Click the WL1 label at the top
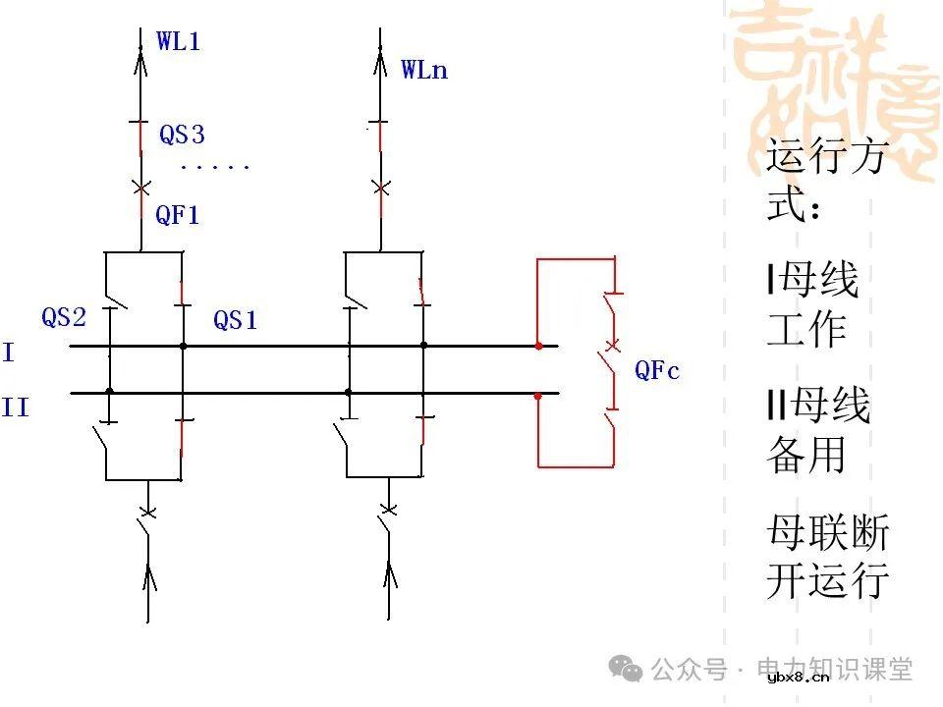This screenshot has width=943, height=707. pyautogui.click(x=178, y=41)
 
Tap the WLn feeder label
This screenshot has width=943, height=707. pyautogui.click(x=423, y=70)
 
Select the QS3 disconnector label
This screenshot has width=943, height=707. pyautogui.click(x=182, y=135)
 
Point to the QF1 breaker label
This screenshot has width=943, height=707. pyautogui.click(x=178, y=215)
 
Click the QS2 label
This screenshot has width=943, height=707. pyautogui.click(x=64, y=317)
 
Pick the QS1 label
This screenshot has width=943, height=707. pyautogui.click(x=236, y=320)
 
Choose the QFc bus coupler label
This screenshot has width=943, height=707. pyautogui.click(x=657, y=370)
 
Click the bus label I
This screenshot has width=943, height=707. pyautogui.click(x=9, y=353)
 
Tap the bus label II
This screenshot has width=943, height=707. pyautogui.click(x=15, y=407)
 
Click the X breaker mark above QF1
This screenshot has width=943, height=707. pyautogui.click(x=141, y=187)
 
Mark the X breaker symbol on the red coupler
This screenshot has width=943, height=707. pyautogui.click(x=613, y=346)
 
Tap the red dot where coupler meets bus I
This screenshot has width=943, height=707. pyautogui.click(x=538, y=346)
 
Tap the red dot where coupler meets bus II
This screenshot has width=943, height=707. pyautogui.click(x=538, y=396)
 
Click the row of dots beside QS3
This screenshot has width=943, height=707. pyautogui.click(x=215, y=167)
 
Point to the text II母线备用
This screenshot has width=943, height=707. pyautogui.click(x=817, y=429)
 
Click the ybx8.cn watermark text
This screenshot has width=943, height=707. pyautogui.click(x=799, y=677)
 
